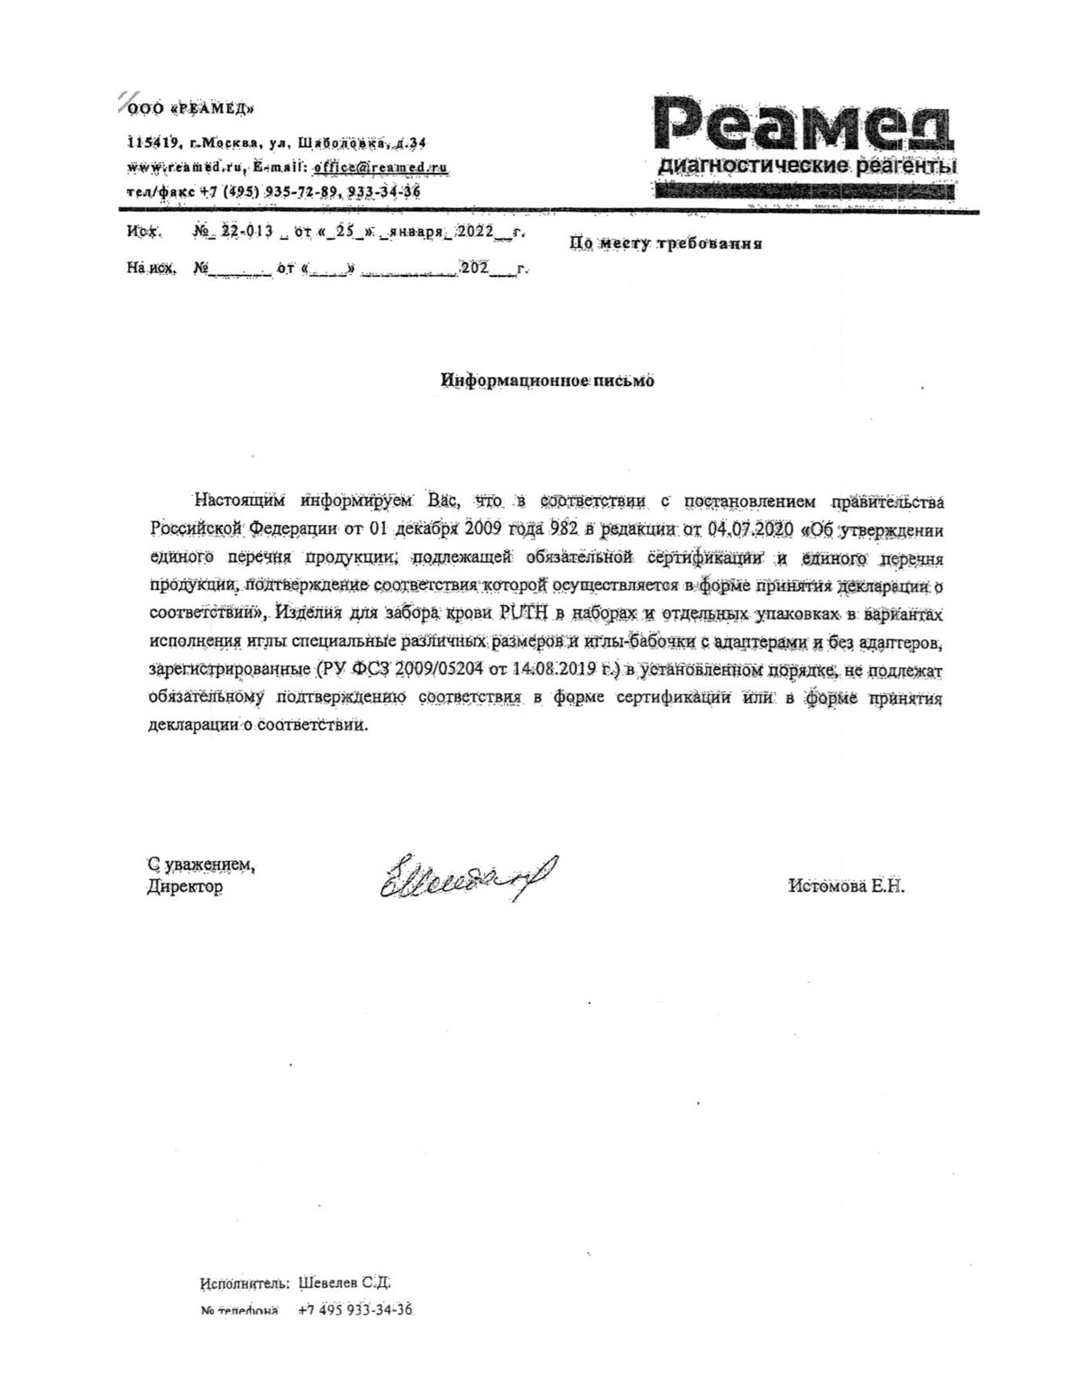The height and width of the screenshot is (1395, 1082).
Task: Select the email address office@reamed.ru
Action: [380, 167]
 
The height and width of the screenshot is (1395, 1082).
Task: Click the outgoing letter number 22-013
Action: [247, 232]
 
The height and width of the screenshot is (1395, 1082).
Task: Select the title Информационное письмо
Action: [547, 381]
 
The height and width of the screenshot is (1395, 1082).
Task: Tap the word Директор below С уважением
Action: [184, 887]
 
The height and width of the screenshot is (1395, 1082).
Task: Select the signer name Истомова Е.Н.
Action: [846, 886]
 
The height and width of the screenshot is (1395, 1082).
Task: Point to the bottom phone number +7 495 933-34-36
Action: [354, 1310]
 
